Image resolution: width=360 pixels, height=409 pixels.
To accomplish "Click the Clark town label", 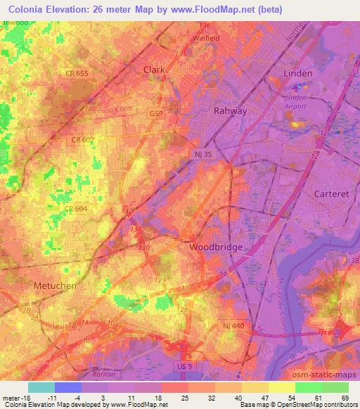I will coord(153,70).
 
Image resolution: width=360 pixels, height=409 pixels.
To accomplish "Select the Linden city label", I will coord(297,73).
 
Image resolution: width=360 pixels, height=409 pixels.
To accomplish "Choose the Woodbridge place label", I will coord(217,247).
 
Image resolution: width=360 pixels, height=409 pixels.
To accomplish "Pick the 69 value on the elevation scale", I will coord(344,397).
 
